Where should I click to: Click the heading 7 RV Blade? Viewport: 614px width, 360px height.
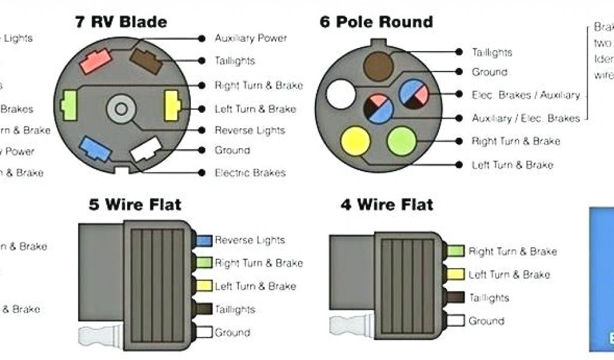pos(121,22)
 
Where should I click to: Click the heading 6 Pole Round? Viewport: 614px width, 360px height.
pos(376,22)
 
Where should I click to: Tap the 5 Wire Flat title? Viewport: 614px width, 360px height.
pos(135,204)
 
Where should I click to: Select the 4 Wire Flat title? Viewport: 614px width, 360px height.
pos(387,204)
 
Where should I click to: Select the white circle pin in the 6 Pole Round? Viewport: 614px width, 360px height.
pos(341,95)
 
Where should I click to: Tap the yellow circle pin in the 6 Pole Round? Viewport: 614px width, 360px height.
pos(355,142)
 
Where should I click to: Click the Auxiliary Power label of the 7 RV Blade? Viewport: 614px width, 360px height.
pos(251,38)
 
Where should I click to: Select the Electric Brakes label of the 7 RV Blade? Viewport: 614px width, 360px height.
pos(250,173)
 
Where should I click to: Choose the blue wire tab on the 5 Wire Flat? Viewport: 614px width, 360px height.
pos(205,240)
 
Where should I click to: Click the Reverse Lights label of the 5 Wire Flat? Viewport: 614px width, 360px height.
pos(249,240)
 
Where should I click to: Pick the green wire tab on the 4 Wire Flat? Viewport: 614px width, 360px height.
pos(457,251)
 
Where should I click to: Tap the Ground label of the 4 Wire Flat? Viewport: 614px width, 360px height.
pos(487,321)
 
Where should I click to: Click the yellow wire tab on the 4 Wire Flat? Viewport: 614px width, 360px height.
pos(457,274)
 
